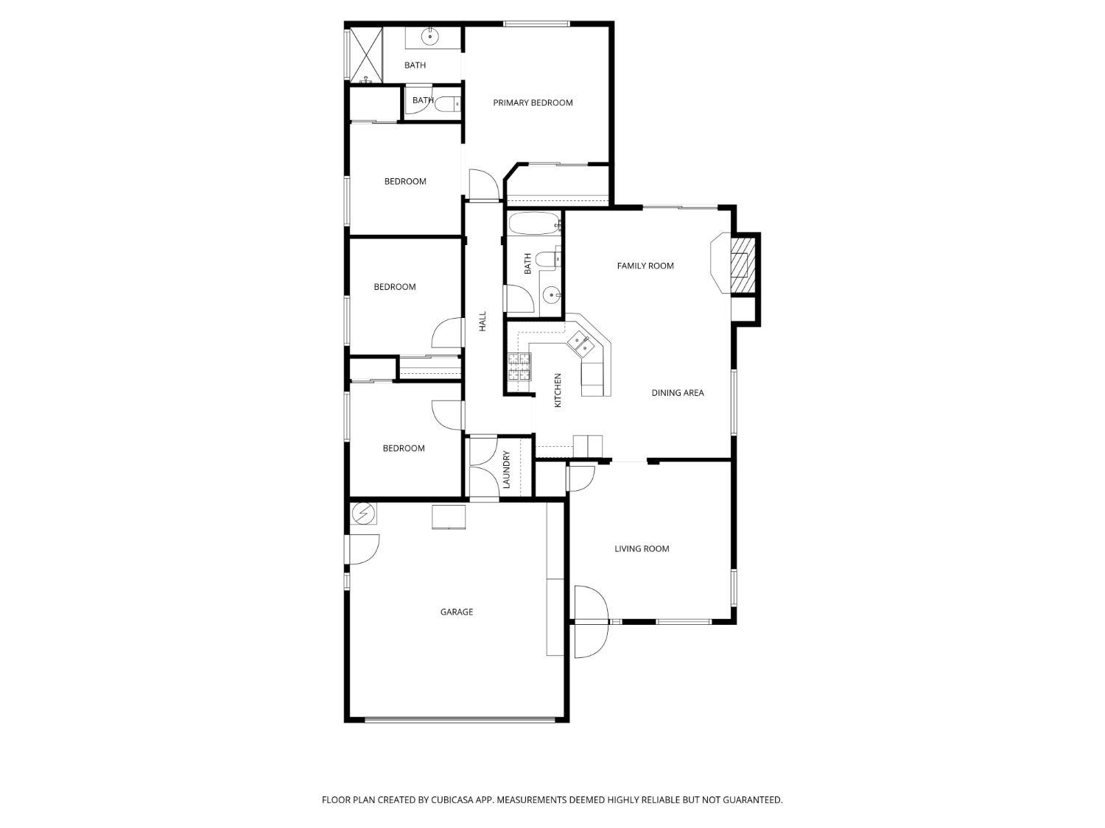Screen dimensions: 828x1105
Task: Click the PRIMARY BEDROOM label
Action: pyautogui.click(x=533, y=103)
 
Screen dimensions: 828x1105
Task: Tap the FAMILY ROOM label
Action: pyautogui.click(x=645, y=266)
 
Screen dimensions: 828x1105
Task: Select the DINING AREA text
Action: pyautogui.click(x=678, y=393)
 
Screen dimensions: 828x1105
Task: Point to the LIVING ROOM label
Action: pyautogui.click(x=642, y=548)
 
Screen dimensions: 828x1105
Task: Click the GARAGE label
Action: pyautogui.click(x=457, y=612)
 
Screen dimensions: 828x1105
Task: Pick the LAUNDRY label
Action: pyautogui.click(x=507, y=470)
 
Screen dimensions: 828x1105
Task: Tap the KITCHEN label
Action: pyautogui.click(x=558, y=390)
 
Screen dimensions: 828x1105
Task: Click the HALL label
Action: pyautogui.click(x=483, y=321)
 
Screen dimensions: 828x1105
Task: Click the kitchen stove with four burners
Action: pyautogui.click(x=519, y=367)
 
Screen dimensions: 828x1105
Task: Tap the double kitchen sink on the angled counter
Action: pyautogui.click(x=581, y=344)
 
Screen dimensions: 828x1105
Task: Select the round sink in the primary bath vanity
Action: pyautogui.click(x=430, y=36)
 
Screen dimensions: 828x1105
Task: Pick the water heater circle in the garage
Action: pyautogui.click(x=363, y=512)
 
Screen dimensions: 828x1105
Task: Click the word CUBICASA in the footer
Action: pyautogui.click(x=455, y=800)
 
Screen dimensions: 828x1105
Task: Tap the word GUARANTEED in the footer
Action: pyautogui.click(x=754, y=800)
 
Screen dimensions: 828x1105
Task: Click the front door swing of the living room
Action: pyautogui.click(x=592, y=622)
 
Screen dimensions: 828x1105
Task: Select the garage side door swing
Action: pyautogui.click(x=364, y=549)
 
